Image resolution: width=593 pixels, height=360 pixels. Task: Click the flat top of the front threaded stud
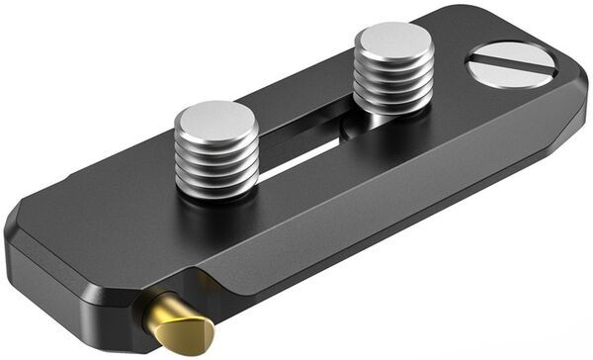(215, 119)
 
